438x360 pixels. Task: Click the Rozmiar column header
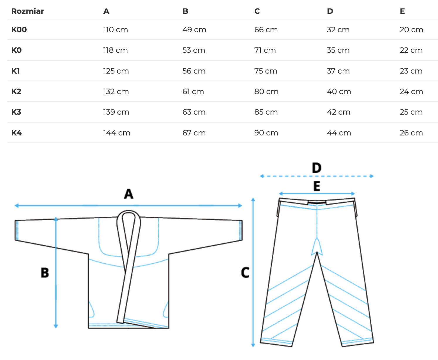click(27, 11)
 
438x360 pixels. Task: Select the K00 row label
click(19, 30)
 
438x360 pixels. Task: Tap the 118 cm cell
click(116, 50)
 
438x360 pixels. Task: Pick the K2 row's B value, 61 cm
click(193, 91)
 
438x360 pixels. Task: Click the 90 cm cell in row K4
click(266, 133)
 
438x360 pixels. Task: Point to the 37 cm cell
click(338, 71)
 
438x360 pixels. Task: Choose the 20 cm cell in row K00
click(411, 30)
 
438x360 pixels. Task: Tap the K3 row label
click(16, 112)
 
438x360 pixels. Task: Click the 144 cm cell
click(117, 133)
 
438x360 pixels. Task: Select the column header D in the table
click(330, 11)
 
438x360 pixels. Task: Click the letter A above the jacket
click(128, 194)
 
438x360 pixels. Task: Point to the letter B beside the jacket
click(45, 273)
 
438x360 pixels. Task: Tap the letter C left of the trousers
click(245, 272)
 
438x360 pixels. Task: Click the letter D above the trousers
click(317, 168)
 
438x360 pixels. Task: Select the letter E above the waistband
click(317, 186)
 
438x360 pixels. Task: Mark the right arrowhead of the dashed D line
click(372, 176)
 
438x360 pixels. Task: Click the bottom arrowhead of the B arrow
click(56, 326)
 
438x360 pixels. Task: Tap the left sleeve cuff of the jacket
click(17, 230)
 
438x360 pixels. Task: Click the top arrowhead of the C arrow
click(253, 200)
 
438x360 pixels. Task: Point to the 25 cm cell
click(411, 112)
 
